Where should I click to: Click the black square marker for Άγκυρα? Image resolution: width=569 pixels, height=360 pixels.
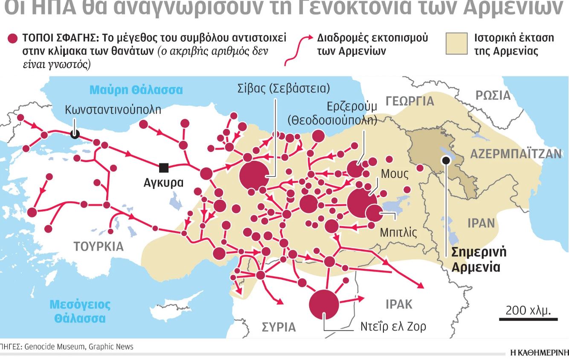tap(163, 168)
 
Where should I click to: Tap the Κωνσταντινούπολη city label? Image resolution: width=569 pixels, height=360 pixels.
tap(113, 110)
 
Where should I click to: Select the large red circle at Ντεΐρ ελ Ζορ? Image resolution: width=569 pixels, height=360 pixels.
tap(324, 305)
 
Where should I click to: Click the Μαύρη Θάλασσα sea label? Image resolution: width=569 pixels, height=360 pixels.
tap(136, 90)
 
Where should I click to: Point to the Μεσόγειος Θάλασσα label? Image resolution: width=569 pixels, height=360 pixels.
tap(80, 311)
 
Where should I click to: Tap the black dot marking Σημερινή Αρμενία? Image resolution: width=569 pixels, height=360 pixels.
tap(446, 160)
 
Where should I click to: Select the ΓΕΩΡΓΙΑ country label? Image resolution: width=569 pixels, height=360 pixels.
tap(410, 101)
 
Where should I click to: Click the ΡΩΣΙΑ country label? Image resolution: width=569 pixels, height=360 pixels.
tap(493, 96)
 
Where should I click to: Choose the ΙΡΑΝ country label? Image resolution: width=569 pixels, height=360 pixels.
tap(481, 223)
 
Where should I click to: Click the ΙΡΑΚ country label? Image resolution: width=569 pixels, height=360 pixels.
tap(399, 304)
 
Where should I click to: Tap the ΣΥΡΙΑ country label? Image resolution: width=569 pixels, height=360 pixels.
tap(279, 327)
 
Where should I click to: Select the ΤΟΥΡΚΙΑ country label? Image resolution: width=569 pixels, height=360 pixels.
tap(99, 247)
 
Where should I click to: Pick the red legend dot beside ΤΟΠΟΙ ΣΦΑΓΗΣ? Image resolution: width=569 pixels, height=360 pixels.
tap(13, 39)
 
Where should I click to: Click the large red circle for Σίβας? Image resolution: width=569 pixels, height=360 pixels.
tap(254, 175)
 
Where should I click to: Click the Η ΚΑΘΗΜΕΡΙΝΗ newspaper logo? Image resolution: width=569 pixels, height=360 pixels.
tap(539, 352)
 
